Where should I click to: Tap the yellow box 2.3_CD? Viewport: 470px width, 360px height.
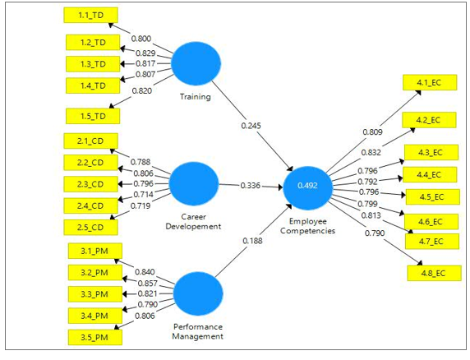90,184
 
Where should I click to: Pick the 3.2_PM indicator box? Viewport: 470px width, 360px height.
94,273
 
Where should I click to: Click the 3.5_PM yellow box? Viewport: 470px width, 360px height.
94,336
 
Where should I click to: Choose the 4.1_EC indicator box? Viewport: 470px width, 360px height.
429,82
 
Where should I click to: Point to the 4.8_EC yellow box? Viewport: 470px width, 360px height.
430,272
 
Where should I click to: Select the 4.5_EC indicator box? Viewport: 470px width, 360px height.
430,196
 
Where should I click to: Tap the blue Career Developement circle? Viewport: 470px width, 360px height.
193,185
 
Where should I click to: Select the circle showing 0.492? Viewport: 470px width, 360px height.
308,187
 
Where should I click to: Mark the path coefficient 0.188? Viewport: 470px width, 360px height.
253,241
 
